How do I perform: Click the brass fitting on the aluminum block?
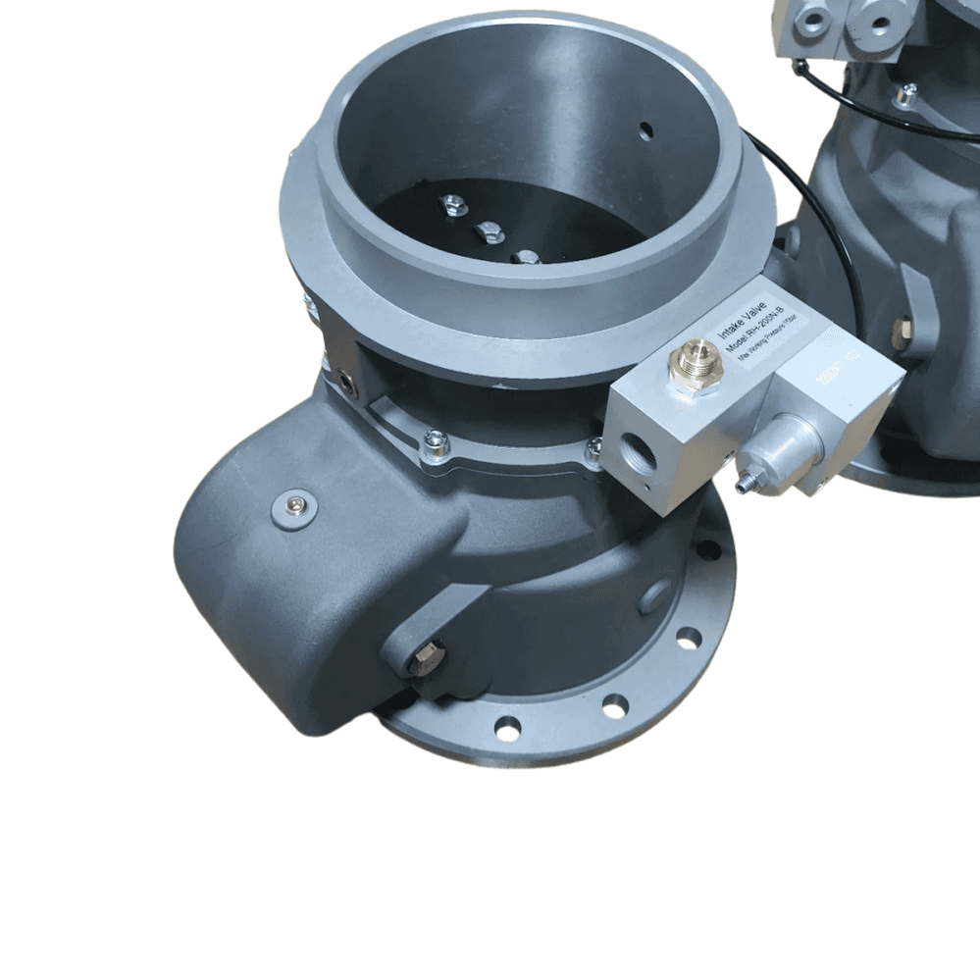point(697,364)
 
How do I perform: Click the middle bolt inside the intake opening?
point(488,233)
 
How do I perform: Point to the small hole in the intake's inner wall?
point(645,129)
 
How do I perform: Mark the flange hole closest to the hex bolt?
point(507,728)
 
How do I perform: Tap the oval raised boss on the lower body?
point(654,595)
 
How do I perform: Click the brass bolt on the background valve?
point(903,332)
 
